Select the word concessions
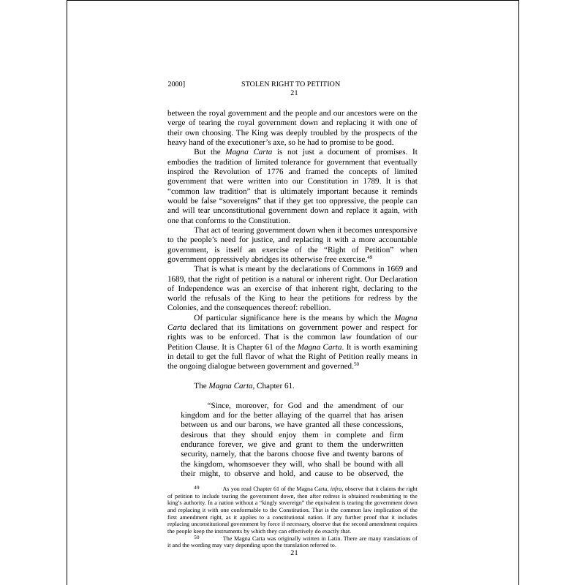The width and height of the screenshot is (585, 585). (x=377, y=425)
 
